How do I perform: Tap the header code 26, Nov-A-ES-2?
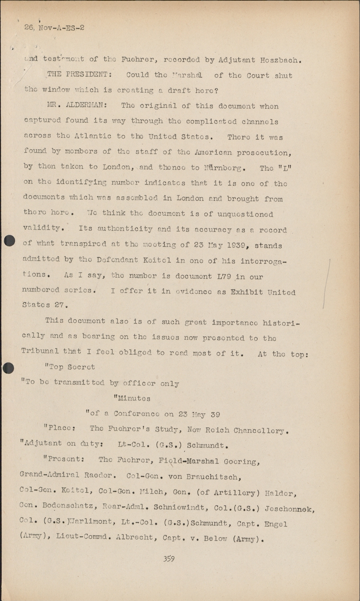[54, 28]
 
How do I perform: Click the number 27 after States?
[60, 305]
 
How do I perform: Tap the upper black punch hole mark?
[9, 241]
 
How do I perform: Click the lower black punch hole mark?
[8, 368]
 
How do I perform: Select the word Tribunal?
[40, 351]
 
